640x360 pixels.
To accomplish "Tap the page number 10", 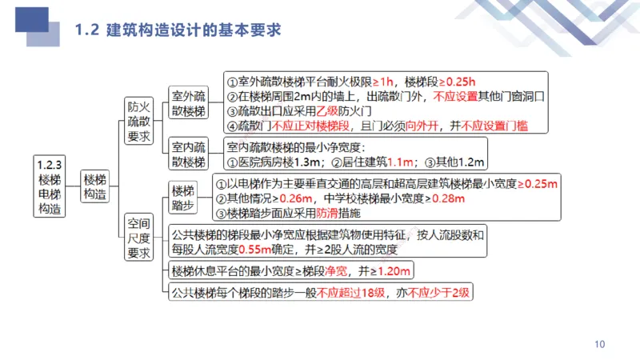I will click(x=600, y=344).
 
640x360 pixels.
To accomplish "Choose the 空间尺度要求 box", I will click(x=138, y=237).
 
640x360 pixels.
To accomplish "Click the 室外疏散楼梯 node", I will click(x=189, y=103).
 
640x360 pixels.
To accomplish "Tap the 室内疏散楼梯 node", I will click(x=189, y=154).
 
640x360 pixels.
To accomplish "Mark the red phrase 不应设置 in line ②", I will click(x=454, y=96).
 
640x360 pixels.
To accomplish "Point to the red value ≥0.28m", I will click(x=434, y=199).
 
